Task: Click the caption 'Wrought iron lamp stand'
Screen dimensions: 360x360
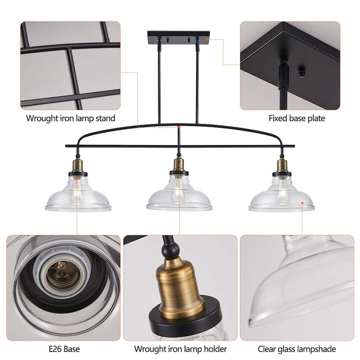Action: pyautogui.click(x=70, y=119)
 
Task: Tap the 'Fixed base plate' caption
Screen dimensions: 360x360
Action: pyautogui.click(x=297, y=119)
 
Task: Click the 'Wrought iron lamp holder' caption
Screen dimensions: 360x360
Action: pyautogui.click(x=180, y=349)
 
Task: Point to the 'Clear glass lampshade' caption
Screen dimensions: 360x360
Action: pyautogui.click(x=297, y=349)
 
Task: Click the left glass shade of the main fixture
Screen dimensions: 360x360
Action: pyautogui.click(x=78, y=198)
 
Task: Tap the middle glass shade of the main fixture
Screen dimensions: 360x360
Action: pyautogui.click(x=179, y=198)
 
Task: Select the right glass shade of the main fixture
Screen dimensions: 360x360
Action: pyautogui.click(x=282, y=198)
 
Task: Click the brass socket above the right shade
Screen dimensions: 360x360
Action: pyautogui.click(x=282, y=164)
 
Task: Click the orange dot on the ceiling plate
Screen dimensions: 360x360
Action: pyautogui.click(x=207, y=39)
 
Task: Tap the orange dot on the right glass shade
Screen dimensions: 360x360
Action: pyautogui.click(x=302, y=202)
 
